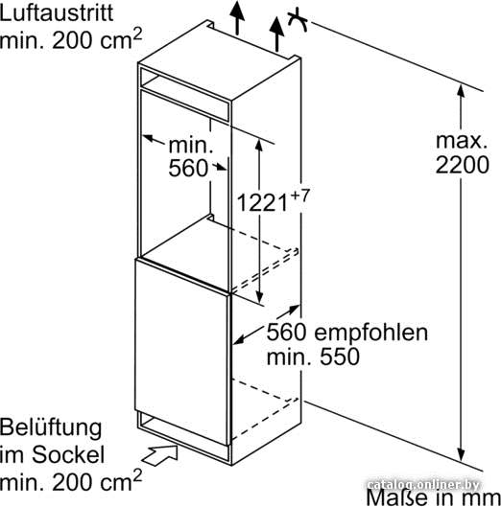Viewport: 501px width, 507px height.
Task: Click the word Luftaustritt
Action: (57, 12)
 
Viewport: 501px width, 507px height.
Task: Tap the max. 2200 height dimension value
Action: (462, 153)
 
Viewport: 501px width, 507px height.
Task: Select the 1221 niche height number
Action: (262, 203)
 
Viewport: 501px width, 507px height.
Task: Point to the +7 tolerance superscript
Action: (299, 195)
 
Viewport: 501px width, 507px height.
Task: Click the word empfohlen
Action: (371, 333)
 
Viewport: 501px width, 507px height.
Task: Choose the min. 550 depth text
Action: (313, 357)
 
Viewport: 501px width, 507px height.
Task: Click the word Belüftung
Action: (51, 428)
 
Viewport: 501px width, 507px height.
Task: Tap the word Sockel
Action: (68, 454)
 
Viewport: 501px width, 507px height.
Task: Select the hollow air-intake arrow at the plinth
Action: (159, 455)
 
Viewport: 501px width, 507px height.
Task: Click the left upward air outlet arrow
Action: (238, 18)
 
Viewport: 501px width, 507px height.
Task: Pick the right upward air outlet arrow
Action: (277, 34)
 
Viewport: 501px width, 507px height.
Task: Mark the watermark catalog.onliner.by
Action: (424, 485)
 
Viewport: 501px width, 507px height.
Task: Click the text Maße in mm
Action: (433, 497)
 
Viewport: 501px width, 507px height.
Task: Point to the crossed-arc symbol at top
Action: (298, 20)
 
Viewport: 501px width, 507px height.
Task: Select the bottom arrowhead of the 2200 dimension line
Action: (461, 454)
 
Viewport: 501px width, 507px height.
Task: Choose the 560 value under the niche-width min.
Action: (188, 168)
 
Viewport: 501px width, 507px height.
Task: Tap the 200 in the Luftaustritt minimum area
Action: (71, 41)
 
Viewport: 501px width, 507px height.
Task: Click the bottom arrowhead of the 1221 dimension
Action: (259, 297)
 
